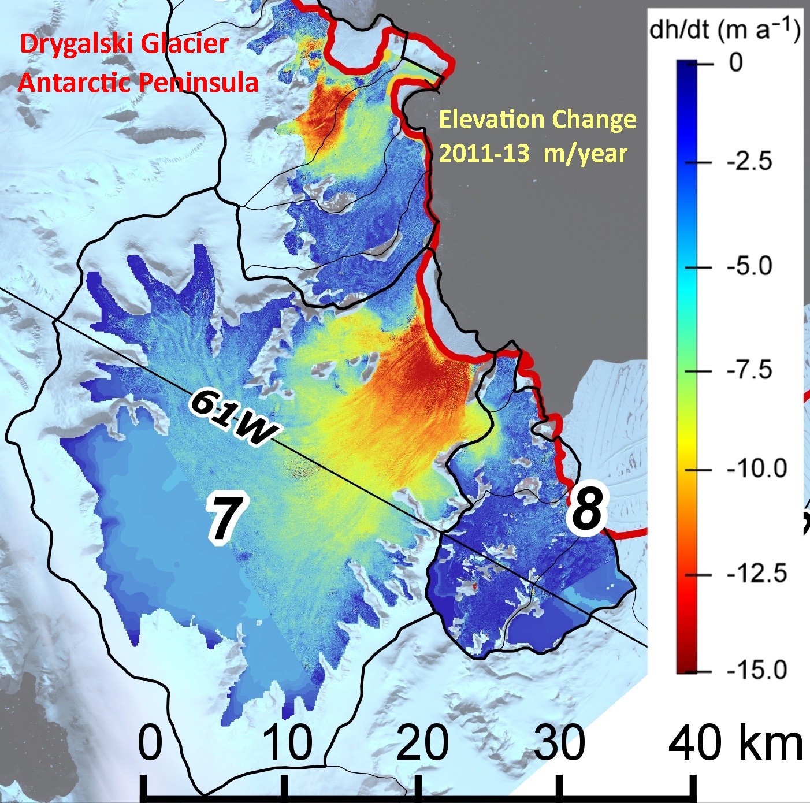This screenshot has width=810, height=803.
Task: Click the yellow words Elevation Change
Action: [x=537, y=120]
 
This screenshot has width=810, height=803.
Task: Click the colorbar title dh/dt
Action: [x=679, y=29]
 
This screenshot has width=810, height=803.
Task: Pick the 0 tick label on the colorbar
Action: [x=735, y=61]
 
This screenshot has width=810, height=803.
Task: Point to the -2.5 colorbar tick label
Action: [x=749, y=162]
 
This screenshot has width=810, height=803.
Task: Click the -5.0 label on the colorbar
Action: [x=749, y=266]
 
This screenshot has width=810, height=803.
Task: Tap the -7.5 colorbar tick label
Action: [x=749, y=369]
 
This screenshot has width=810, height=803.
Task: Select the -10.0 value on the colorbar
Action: [x=756, y=469]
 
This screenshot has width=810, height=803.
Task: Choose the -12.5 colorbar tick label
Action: [x=756, y=573]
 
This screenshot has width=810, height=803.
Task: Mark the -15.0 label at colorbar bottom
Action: [x=756, y=670]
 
